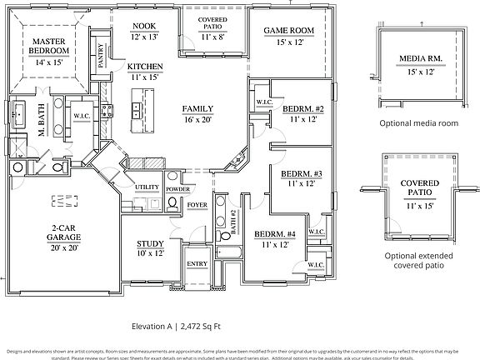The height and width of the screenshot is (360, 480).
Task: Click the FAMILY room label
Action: pyautogui.click(x=197, y=109)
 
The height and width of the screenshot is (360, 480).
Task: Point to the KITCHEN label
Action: pyautogui.click(x=144, y=66)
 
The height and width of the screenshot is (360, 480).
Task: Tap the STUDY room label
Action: pyautogui.click(x=151, y=244)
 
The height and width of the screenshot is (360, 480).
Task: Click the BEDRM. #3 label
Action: pyautogui.click(x=301, y=173)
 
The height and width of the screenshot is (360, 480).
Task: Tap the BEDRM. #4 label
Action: pyautogui.click(x=275, y=234)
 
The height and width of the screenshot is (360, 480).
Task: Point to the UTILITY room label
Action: pyautogui.click(x=147, y=187)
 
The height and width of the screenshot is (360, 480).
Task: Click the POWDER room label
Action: pyautogui.click(x=177, y=189)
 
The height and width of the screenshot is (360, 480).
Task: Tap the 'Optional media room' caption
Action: pyautogui.click(x=418, y=122)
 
